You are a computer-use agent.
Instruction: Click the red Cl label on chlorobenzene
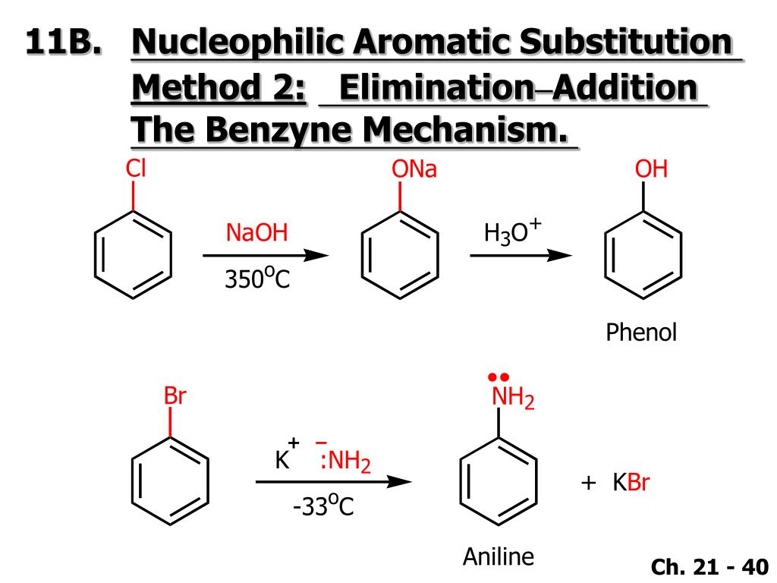point(135,169)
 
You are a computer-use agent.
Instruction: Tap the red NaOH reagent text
point(257,233)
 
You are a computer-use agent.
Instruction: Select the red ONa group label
point(414,169)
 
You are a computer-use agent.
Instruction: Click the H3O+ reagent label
point(514,232)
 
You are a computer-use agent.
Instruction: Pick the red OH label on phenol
point(651,169)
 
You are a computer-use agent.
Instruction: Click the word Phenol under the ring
point(640,332)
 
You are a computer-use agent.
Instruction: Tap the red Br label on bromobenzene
point(175,396)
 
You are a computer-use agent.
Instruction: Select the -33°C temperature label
point(323,505)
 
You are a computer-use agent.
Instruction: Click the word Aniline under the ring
point(499,556)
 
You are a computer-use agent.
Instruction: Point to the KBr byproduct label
point(631,483)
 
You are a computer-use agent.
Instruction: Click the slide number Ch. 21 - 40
point(709,566)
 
